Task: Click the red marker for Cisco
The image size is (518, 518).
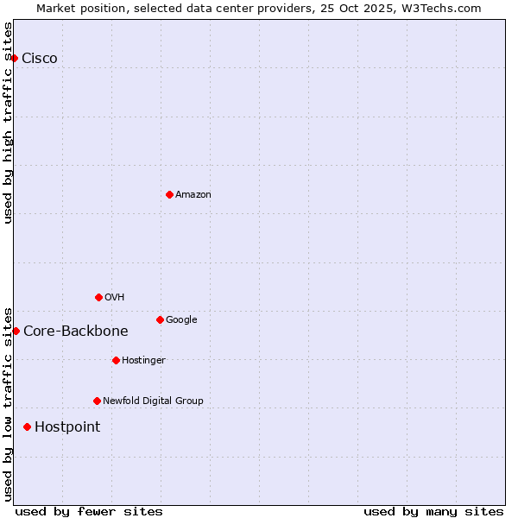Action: tap(15, 58)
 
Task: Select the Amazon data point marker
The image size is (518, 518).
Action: tap(169, 194)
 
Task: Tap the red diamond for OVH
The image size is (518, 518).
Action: tap(98, 297)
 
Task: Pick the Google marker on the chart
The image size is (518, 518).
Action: tap(160, 319)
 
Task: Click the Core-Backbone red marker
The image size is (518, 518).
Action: tap(16, 331)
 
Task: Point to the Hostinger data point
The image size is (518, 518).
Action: tap(116, 360)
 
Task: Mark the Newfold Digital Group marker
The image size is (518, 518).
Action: tap(97, 401)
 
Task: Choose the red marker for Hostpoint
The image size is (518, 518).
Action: tap(28, 426)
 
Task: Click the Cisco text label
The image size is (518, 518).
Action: tap(40, 58)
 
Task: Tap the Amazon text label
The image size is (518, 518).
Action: tap(193, 194)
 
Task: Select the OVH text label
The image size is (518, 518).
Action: tap(115, 297)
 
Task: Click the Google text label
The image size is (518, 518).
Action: tap(181, 319)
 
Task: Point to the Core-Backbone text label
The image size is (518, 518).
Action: tap(76, 331)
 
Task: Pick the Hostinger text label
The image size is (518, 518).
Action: tap(143, 360)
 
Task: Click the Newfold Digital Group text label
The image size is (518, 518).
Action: tap(153, 401)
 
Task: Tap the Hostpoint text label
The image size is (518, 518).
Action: tap(67, 426)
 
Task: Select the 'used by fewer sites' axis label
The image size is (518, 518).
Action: tap(89, 511)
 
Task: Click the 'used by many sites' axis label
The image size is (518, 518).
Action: tap(433, 511)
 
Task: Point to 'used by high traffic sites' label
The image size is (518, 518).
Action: tap(8, 123)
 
